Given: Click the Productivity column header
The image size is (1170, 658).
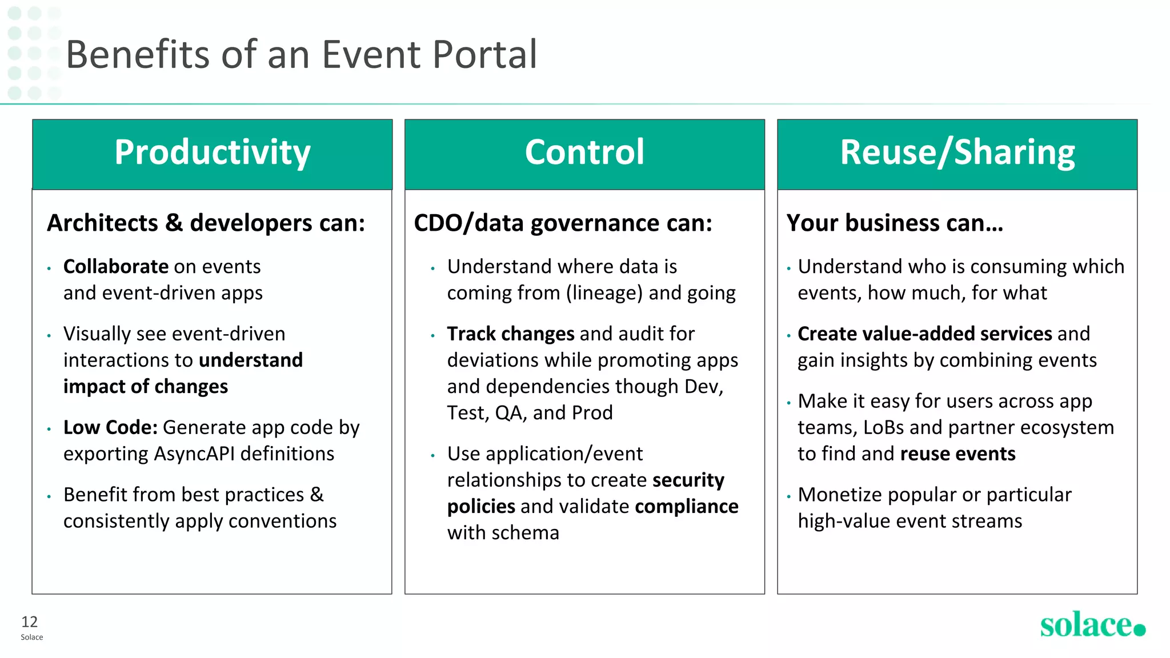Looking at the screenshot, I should pos(212,153).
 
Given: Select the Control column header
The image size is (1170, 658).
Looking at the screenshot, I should pos(584,153).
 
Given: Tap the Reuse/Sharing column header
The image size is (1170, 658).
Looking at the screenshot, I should pos(957,153).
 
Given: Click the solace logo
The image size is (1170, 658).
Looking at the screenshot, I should pos(1092,625).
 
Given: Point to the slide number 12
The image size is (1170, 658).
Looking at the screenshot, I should pos(29,622).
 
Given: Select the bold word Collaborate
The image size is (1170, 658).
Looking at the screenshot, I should pos(116,267).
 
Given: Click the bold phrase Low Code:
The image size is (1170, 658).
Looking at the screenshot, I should pos(110,428).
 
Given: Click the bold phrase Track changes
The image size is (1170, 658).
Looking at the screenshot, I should pos(510,334).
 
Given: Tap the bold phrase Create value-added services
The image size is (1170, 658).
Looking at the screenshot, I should pos(924,334).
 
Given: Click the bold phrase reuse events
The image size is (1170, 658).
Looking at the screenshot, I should pos(957,454).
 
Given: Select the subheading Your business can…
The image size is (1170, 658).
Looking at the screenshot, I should pos(894,223).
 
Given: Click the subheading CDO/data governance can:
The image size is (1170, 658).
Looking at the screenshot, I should pos(563,223).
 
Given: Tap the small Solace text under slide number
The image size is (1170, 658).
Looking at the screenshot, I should pos(32,637).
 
